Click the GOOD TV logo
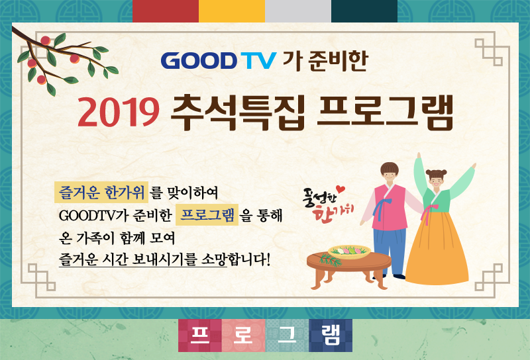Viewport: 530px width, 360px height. pyautogui.click(x=219, y=61)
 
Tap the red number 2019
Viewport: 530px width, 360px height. pyautogui.click(x=119, y=112)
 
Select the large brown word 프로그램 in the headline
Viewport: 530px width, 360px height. pyautogui.click(x=386, y=112)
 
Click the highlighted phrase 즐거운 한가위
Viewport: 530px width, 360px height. pyautogui.click(x=101, y=193)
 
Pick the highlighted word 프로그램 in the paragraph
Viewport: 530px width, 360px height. pyautogui.click(x=207, y=215)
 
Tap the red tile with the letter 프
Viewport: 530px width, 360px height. pyautogui.click(x=200, y=336)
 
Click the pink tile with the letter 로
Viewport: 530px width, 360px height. pyautogui.click(x=244, y=336)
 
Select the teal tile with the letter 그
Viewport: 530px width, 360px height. pyautogui.click(x=288, y=336)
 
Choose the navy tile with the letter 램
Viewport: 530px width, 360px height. pyautogui.click(x=331, y=336)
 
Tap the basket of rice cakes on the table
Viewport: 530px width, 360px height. pyautogui.click(x=349, y=251)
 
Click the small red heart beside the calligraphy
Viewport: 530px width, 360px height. pyautogui.click(x=341, y=189)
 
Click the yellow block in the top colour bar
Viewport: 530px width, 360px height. pyautogui.click(x=231, y=11)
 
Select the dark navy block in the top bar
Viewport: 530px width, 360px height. pyautogui.click(x=364, y=11)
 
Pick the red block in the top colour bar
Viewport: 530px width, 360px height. pyautogui.click(x=166, y=11)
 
